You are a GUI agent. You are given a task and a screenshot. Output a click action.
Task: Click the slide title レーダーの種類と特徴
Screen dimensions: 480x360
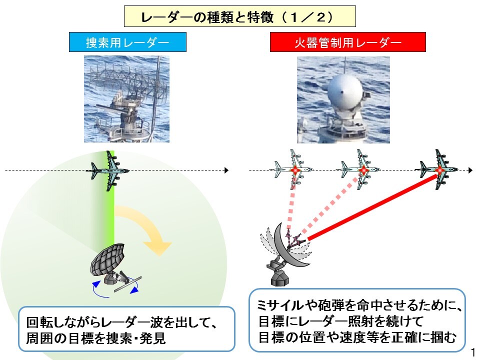[207, 17]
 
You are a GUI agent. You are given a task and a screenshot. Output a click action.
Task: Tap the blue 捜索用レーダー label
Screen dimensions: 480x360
[127, 42]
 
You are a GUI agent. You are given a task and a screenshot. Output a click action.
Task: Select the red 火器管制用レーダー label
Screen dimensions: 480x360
[348, 42]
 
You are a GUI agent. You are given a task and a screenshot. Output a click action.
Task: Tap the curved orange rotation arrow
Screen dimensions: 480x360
[144, 228]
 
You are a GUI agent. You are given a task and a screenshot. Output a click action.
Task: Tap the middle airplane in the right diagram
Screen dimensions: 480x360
[359, 169]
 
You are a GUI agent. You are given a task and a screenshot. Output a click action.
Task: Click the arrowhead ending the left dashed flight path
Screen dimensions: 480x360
[226, 170]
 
